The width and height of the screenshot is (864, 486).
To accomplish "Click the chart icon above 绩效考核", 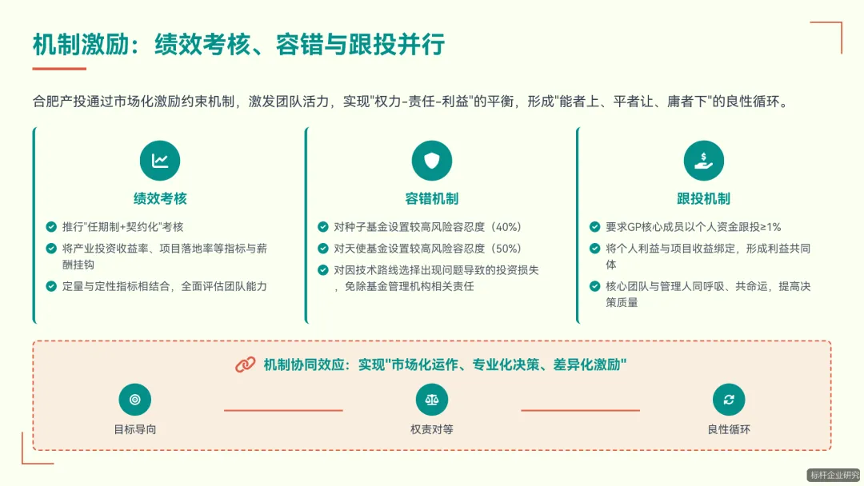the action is [x=160, y=161].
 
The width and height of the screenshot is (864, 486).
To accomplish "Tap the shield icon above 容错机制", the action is [x=432, y=161].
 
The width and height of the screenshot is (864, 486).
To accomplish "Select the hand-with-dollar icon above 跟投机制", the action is [x=704, y=161].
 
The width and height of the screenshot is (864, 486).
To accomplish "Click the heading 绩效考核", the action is [x=160, y=198].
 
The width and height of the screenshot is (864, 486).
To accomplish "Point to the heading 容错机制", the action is [x=432, y=198].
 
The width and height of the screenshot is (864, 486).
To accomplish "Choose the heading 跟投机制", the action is [x=704, y=198].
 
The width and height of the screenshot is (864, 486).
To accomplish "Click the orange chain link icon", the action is [x=245, y=364].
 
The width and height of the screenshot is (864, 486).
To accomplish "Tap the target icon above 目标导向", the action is [x=134, y=400].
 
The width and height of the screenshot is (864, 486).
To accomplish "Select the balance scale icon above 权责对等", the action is [x=432, y=400].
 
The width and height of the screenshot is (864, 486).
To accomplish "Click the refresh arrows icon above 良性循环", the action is [x=729, y=400].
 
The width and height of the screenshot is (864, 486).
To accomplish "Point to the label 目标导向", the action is [x=134, y=429].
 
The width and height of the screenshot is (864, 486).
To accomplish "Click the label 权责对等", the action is [x=432, y=429].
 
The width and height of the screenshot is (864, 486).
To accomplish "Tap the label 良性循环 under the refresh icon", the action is [x=729, y=429].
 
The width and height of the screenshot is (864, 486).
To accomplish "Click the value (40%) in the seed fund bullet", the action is [x=505, y=227].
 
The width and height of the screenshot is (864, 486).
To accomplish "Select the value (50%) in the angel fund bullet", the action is [x=505, y=249].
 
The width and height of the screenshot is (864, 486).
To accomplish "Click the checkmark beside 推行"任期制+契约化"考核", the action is [x=51, y=227].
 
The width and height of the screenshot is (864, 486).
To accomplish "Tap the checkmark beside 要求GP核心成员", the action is [x=594, y=227].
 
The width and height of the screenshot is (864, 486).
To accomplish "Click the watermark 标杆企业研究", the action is [x=834, y=475].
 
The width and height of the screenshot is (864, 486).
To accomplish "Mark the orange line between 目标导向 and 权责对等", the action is [x=283, y=410].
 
